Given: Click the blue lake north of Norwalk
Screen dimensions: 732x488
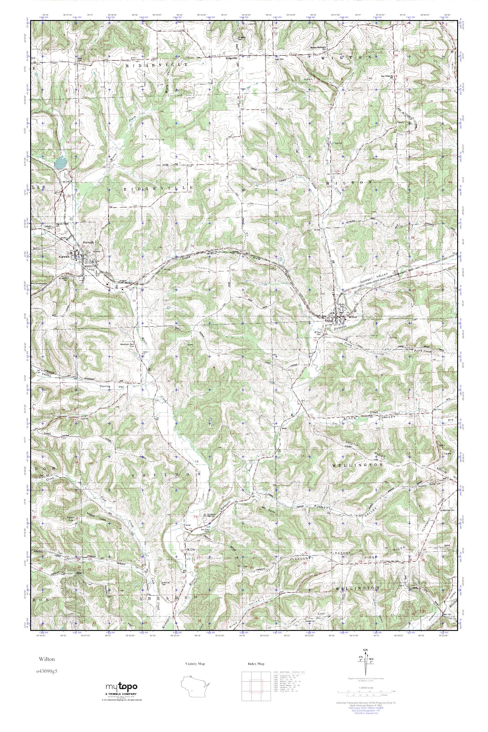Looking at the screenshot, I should coord(60,162).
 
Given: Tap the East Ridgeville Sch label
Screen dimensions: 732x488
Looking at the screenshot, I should coord(387,76).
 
